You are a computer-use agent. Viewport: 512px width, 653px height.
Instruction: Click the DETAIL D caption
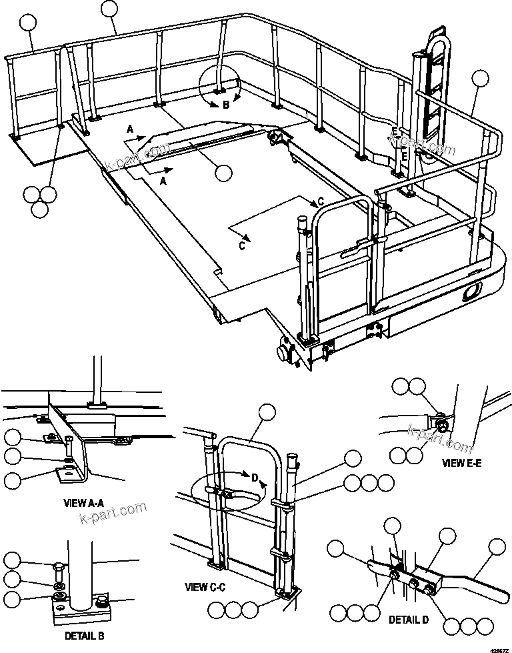point(409,620)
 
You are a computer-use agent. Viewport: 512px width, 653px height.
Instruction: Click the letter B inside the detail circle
point(226,105)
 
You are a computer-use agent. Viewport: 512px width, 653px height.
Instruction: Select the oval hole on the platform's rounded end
point(474,289)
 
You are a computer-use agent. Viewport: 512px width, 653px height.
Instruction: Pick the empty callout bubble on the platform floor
point(223,172)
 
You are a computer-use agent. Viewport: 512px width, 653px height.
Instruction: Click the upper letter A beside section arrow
point(131,127)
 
